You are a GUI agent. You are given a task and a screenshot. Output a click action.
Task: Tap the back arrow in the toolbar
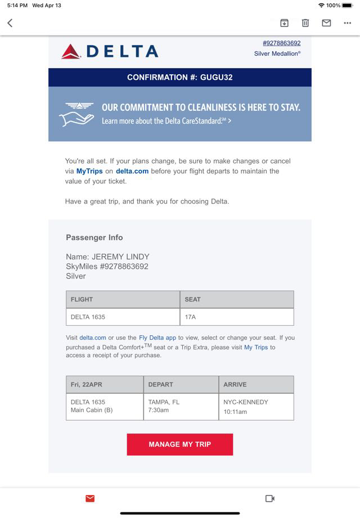[x=10, y=23]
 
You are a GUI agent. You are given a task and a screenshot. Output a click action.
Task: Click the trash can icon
[x=305, y=23]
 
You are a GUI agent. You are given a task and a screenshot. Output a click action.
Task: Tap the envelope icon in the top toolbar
[x=326, y=23]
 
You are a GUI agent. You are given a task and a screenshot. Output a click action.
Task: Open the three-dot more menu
[x=347, y=23]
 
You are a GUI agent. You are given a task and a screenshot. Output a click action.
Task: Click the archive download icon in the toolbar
[x=285, y=23]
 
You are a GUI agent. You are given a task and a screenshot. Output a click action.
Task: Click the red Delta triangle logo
[x=71, y=52]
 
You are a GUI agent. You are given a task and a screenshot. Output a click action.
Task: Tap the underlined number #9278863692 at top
[x=281, y=43]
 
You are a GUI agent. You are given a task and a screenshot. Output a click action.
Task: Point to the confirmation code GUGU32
[x=216, y=77]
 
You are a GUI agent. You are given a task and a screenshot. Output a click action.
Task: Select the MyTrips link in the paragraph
[x=89, y=171]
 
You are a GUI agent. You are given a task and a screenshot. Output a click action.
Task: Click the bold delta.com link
[x=132, y=171]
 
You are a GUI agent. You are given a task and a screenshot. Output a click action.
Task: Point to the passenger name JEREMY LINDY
[x=120, y=257]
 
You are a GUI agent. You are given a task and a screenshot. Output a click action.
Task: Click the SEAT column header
[x=192, y=299]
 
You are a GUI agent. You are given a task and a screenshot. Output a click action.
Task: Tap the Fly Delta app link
[x=157, y=338]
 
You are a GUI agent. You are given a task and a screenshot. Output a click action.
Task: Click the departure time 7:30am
[x=158, y=411]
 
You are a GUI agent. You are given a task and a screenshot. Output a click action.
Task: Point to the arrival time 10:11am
[x=235, y=412]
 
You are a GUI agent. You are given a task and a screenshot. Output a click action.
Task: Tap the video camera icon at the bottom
[x=269, y=498]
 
